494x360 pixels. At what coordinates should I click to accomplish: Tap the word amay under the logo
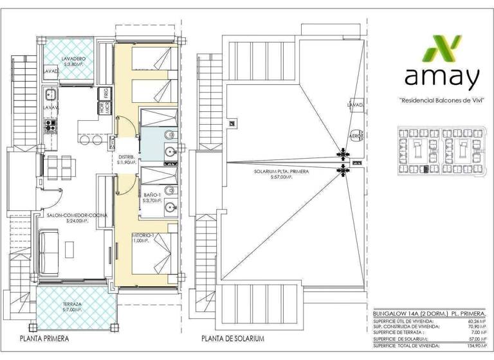[441, 77]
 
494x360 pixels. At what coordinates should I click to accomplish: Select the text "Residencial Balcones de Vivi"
[441, 100]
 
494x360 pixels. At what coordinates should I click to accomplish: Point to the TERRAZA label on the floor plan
[73, 303]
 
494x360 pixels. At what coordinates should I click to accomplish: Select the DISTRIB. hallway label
[126, 159]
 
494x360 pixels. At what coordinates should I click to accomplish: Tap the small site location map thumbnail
[441, 152]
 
